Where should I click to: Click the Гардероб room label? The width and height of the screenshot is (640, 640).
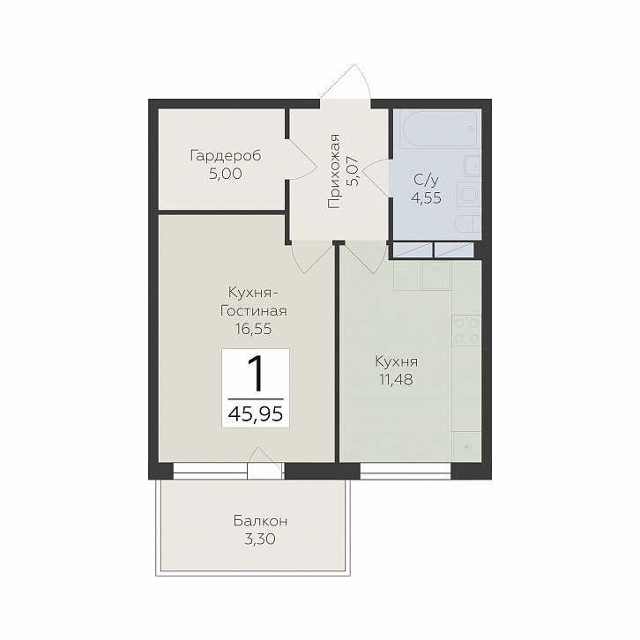pos(226,156)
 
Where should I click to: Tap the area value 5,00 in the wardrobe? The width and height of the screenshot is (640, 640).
pos(226,174)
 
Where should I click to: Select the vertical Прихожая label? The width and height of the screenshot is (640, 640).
pos(334,171)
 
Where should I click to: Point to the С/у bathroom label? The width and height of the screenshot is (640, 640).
pos(426,180)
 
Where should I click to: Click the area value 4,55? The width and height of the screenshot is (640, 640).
pos(426,198)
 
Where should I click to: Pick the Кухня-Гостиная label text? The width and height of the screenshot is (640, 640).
pos(254,301)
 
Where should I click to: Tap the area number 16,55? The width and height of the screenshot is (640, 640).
pos(253,329)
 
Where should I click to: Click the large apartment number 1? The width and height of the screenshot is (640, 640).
pos(257,374)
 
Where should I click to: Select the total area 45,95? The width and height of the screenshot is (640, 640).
pos(256,414)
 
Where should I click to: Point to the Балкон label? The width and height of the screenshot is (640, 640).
pos(260,521)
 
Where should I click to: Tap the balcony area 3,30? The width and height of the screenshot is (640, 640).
pos(260,540)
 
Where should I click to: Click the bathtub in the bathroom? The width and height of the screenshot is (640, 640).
pos(439,128)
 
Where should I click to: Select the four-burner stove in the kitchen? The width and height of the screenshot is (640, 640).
pos(466,331)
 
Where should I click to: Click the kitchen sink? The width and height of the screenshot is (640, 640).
pos(435,276)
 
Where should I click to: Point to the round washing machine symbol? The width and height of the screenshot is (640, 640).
pos(469,193)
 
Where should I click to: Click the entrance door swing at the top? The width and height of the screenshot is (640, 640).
pos(346,82)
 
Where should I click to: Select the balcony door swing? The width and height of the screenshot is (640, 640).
pos(265,458)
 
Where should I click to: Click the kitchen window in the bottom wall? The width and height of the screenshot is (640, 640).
pos(406,471)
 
